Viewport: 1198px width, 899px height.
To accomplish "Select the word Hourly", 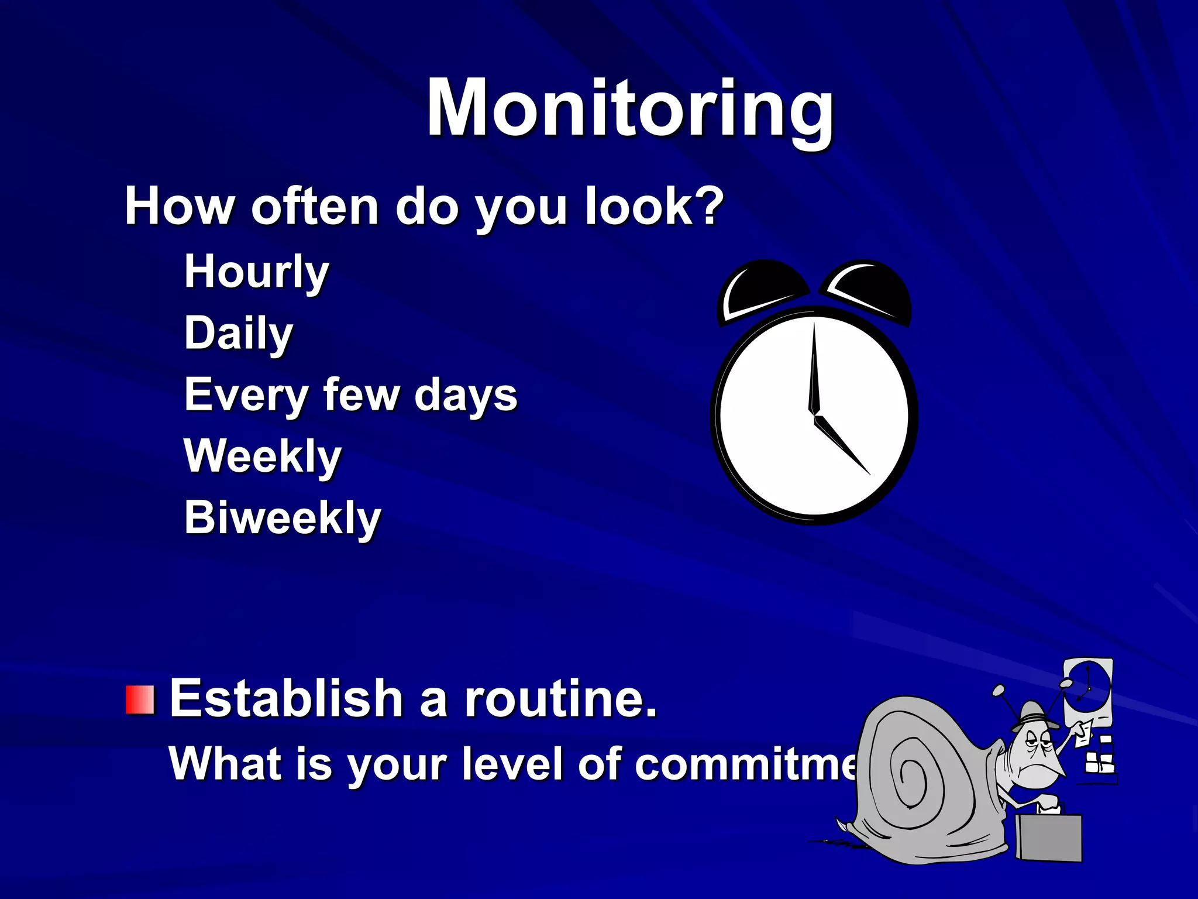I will tap(256, 272).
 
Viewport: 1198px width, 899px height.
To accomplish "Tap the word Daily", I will tap(238, 333).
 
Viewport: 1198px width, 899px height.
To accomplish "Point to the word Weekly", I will tap(262, 456).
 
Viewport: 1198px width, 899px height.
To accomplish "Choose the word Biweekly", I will tap(283, 518).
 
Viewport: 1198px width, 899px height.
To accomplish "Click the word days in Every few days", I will tap(466, 395).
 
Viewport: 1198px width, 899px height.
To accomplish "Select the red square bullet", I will tap(140, 700).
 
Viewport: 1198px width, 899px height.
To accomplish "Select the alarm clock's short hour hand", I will tap(841, 445).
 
